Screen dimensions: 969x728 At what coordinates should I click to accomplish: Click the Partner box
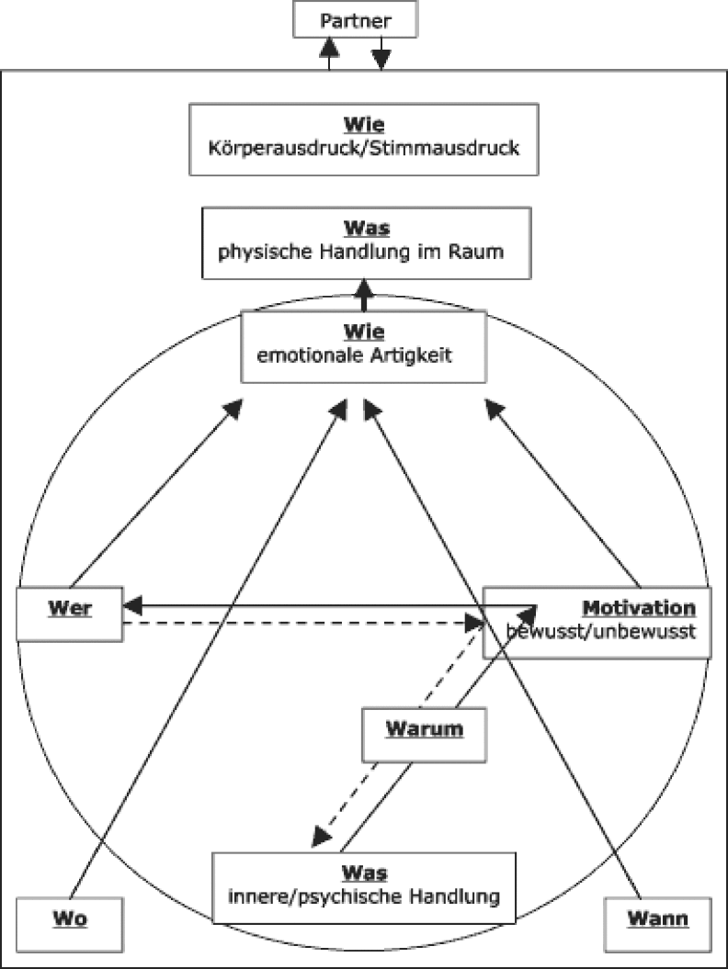pos(355,18)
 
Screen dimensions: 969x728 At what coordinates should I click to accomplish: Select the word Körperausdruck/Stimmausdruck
pos(364,146)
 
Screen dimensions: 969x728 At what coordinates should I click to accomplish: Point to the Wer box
pos(70,614)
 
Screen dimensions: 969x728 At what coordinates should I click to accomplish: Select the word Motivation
pos(639,608)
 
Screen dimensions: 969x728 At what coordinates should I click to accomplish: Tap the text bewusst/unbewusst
pos(601,632)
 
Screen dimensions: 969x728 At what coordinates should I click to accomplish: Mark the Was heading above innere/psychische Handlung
pos(365,873)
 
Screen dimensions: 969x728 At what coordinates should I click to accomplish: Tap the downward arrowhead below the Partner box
pos(381,60)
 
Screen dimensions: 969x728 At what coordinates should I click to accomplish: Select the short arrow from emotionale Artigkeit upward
pos(365,299)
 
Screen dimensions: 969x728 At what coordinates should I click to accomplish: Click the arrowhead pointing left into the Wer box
pos(132,605)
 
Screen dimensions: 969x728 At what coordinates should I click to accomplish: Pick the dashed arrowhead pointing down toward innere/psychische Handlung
pos(320,837)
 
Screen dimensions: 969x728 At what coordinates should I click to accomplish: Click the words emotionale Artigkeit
pos(355,354)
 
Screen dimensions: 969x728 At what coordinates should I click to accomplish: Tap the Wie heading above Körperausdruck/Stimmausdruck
pos(365,124)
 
